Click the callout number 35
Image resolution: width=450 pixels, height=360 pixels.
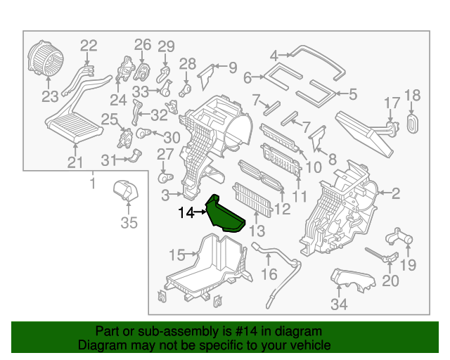point(128,224)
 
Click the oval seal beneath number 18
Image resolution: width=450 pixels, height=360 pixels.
point(412,123)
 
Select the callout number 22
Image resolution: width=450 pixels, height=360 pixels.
point(89,46)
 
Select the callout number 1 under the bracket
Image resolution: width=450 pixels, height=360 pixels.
point(91,184)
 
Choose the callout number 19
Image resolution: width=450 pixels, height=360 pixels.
point(408,265)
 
